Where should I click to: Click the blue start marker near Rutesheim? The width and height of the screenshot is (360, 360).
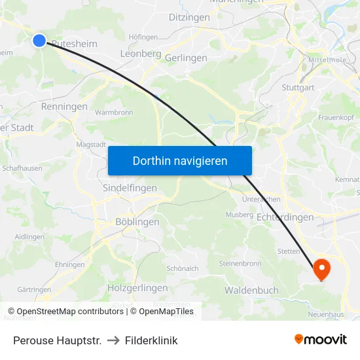[x=39, y=41]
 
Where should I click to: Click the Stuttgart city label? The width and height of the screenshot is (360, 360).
[x=298, y=87]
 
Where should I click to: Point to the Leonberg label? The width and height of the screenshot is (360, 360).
[x=141, y=54]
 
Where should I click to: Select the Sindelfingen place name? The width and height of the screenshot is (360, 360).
[x=130, y=188]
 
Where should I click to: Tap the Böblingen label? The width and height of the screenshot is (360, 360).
[x=137, y=222]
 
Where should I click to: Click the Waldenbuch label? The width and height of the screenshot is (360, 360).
[x=251, y=290]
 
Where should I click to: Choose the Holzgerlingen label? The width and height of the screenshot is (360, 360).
[x=137, y=287]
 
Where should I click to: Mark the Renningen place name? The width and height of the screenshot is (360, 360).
[x=64, y=106]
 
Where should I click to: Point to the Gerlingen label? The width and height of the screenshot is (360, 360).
[x=186, y=58]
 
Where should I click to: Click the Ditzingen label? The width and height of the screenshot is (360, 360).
[x=189, y=17]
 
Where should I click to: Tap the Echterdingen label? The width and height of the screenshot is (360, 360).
[x=285, y=217]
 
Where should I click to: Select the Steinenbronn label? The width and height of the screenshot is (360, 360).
[x=240, y=264]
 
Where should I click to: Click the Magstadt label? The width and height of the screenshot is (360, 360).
[x=91, y=144]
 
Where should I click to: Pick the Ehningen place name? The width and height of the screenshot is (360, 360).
[x=70, y=264]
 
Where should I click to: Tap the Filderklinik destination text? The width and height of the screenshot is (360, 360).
[x=152, y=340]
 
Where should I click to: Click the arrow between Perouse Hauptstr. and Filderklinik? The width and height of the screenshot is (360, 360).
[x=113, y=340]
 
